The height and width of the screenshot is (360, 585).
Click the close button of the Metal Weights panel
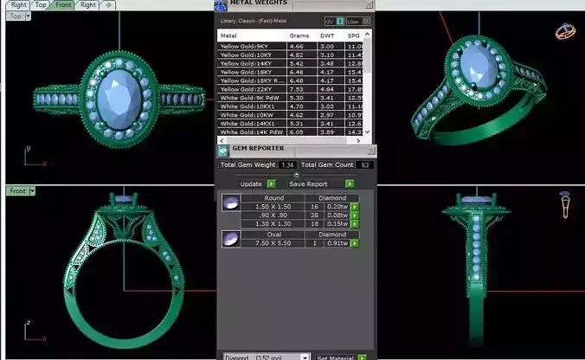[x=370, y=4]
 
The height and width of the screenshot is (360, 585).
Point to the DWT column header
[x=327, y=35]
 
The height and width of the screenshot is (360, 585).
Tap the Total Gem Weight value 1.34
[x=288, y=164]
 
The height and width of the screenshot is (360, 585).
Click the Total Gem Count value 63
[x=365, y=164]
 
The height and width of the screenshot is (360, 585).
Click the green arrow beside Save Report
[x=350, y=183]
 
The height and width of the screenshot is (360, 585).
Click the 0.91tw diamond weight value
[x=336, y=243]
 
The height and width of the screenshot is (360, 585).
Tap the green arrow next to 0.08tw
[x=354, y=215]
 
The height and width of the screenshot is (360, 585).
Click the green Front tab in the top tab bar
[x=64, y=5]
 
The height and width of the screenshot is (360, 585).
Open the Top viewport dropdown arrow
[x=28, y=16]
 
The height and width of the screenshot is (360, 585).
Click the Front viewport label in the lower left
[x=16, y=190]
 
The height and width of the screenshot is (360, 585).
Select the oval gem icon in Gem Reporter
[x=231, y=239]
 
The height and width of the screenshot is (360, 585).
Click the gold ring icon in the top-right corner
[x=564, y=31]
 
